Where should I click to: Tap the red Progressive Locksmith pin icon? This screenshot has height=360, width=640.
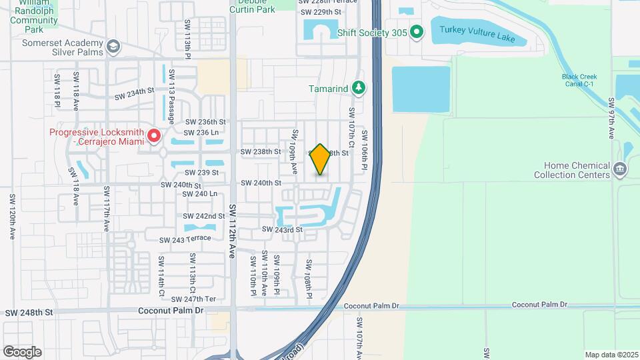point(154,137)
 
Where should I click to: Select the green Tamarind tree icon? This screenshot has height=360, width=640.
point(359,88)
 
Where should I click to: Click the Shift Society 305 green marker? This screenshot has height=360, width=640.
point(417,31)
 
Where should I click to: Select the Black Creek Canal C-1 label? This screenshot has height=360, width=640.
point(587,80)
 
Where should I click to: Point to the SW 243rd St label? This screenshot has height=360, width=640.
point(282,229)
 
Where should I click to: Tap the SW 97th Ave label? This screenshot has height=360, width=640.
point(611,119)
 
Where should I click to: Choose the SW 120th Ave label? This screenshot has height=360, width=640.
point(12,217)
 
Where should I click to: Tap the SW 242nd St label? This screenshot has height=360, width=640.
point(205,216)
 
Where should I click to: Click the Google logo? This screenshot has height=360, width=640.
point(22,351)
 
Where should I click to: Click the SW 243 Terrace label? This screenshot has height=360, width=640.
point(185,239)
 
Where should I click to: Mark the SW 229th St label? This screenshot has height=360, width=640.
point(321,12)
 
